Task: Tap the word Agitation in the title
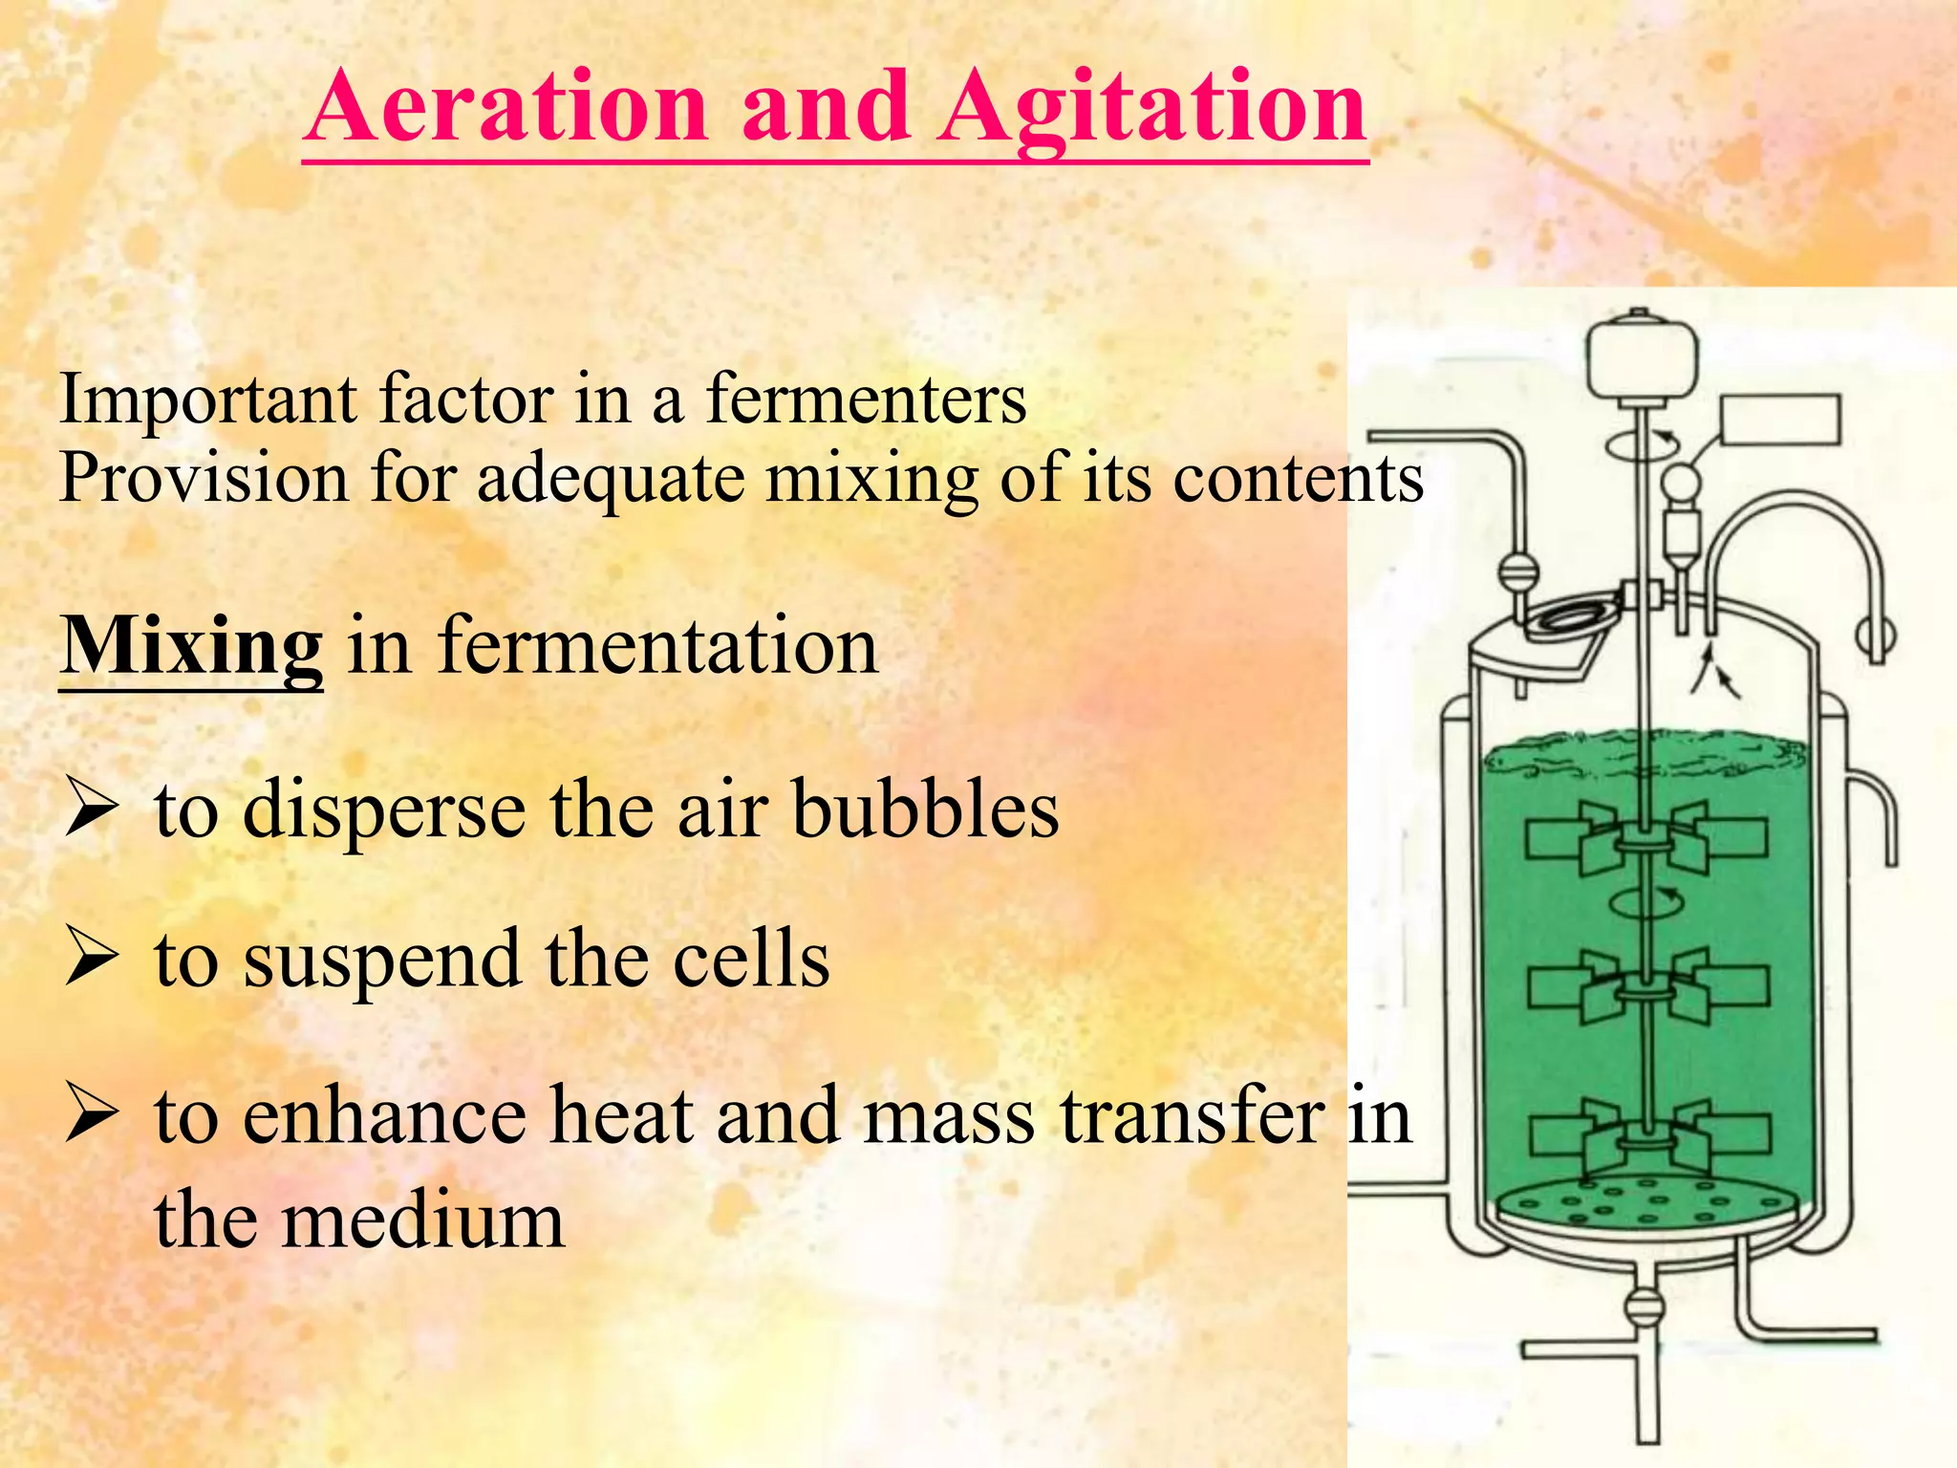(x=1152, y=111)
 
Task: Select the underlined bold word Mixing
(x=191, y=648)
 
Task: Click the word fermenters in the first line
(x=866, y=399)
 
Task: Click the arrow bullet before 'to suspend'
(x=92, y=961)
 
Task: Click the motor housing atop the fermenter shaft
(x=1642, y=358)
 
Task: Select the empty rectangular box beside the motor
(x=1779, y=421)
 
